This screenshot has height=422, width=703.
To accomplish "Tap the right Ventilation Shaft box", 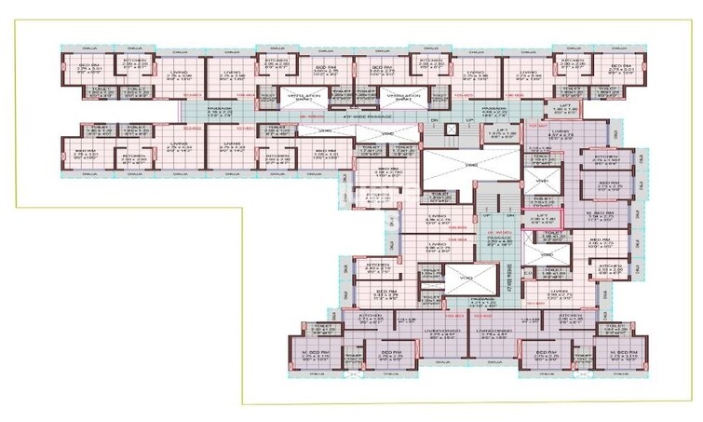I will pyautogui.click(x=402, y=97).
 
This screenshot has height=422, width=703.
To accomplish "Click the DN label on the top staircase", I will pyautogui.click(x=433, y=122).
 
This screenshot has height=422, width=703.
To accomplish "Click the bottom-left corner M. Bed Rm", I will pyautogui.click(x=317, y=355).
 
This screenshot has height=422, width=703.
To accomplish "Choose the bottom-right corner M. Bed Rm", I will pyautogui.click(x=606, y=355).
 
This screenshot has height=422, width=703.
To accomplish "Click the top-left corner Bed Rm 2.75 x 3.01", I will pyautogui.click(x=89, y=68).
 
